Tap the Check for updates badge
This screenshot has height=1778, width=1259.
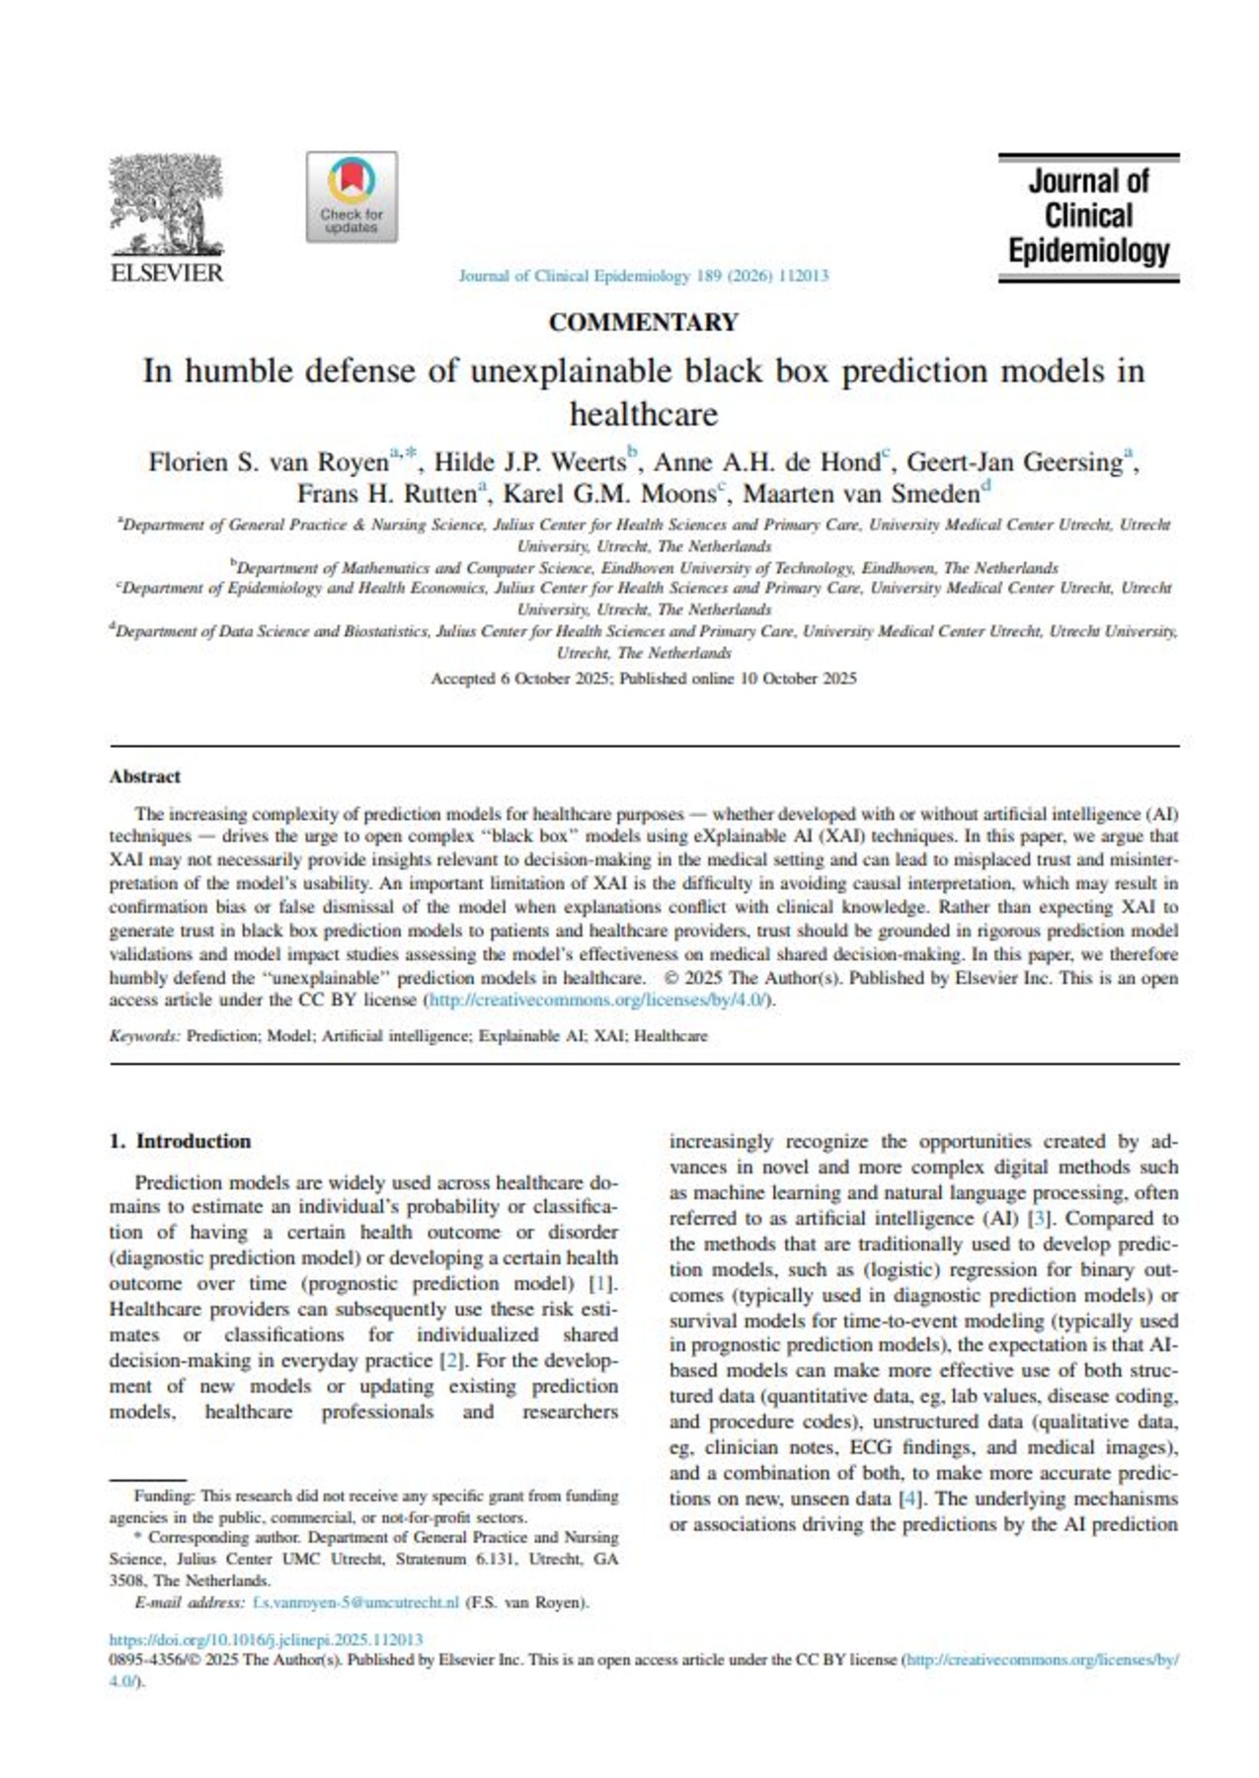pyautogui.click(x=352, y=197)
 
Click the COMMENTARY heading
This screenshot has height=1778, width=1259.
pyautogui.click(x=643, y=323)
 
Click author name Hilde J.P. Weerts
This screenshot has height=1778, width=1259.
pyautogui.click(x=530, y=462)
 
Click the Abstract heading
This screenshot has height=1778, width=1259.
pyautogui.click(x=145, y=776)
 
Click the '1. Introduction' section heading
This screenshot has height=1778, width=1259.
pyautogui.click(x=180, y=1141)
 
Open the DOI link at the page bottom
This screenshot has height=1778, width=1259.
pyautogui.click(x=266, y=1639)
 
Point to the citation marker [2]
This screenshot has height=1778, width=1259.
pyautogui.click(x=451, y=1360)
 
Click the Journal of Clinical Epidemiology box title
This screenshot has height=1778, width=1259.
pyautogui.click(x=1088, y=216)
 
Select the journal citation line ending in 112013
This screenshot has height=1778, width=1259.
pyautogui.click(x=643, y=277)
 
